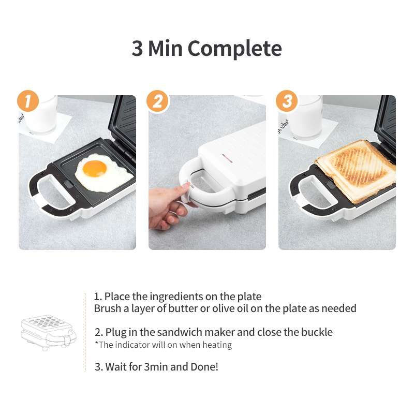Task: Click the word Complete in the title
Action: [234, 49]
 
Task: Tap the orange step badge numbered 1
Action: [28, 101]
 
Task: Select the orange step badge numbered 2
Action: [158, 101]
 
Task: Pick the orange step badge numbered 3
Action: [287, 101]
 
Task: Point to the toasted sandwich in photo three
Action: [356, 170]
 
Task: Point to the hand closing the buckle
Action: [169, 204]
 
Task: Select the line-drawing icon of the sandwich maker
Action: [48, 332]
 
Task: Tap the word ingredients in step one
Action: [176, 297]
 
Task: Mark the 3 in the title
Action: [137, 49]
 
